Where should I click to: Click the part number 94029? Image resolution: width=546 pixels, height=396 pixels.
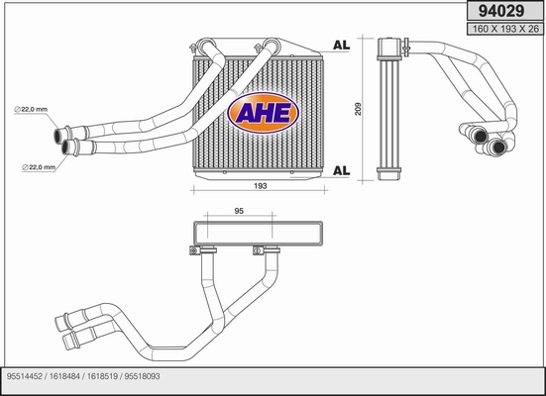click(500, 11)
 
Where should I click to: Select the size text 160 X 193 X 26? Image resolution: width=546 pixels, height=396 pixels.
click(505, 29)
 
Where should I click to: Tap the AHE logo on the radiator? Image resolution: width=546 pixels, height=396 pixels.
click(263, 113)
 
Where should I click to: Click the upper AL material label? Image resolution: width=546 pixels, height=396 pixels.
click(341, 45)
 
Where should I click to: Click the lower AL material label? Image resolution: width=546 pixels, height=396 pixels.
click(341, 170)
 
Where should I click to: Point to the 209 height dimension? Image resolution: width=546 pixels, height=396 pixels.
click(358, 109)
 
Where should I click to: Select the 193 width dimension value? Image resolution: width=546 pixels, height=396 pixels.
click(260, 186)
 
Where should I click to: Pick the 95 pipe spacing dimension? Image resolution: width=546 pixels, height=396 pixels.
click(239, 211)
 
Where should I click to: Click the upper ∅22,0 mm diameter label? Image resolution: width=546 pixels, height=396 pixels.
click(31, 109)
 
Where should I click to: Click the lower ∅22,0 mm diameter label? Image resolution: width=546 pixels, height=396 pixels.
click(39, 167)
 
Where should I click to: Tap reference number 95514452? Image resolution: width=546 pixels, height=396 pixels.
click(25, 376)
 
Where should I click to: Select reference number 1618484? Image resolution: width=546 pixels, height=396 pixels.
click(64, 376)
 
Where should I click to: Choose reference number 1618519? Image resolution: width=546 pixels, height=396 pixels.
click(102, 376)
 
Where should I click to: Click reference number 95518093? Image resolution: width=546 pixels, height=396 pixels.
click(142, 376)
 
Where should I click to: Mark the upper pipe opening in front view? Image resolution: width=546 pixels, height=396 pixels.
click(58, 136)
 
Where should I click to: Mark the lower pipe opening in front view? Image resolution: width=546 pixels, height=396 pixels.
click(66, 148)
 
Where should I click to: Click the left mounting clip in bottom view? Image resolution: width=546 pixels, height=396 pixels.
click(194, 250)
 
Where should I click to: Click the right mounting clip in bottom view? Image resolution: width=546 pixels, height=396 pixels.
click(258, 250)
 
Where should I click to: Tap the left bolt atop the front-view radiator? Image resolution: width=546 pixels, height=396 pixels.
click(192, 48)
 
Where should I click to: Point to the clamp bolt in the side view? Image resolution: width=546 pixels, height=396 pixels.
click(405, 47)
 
